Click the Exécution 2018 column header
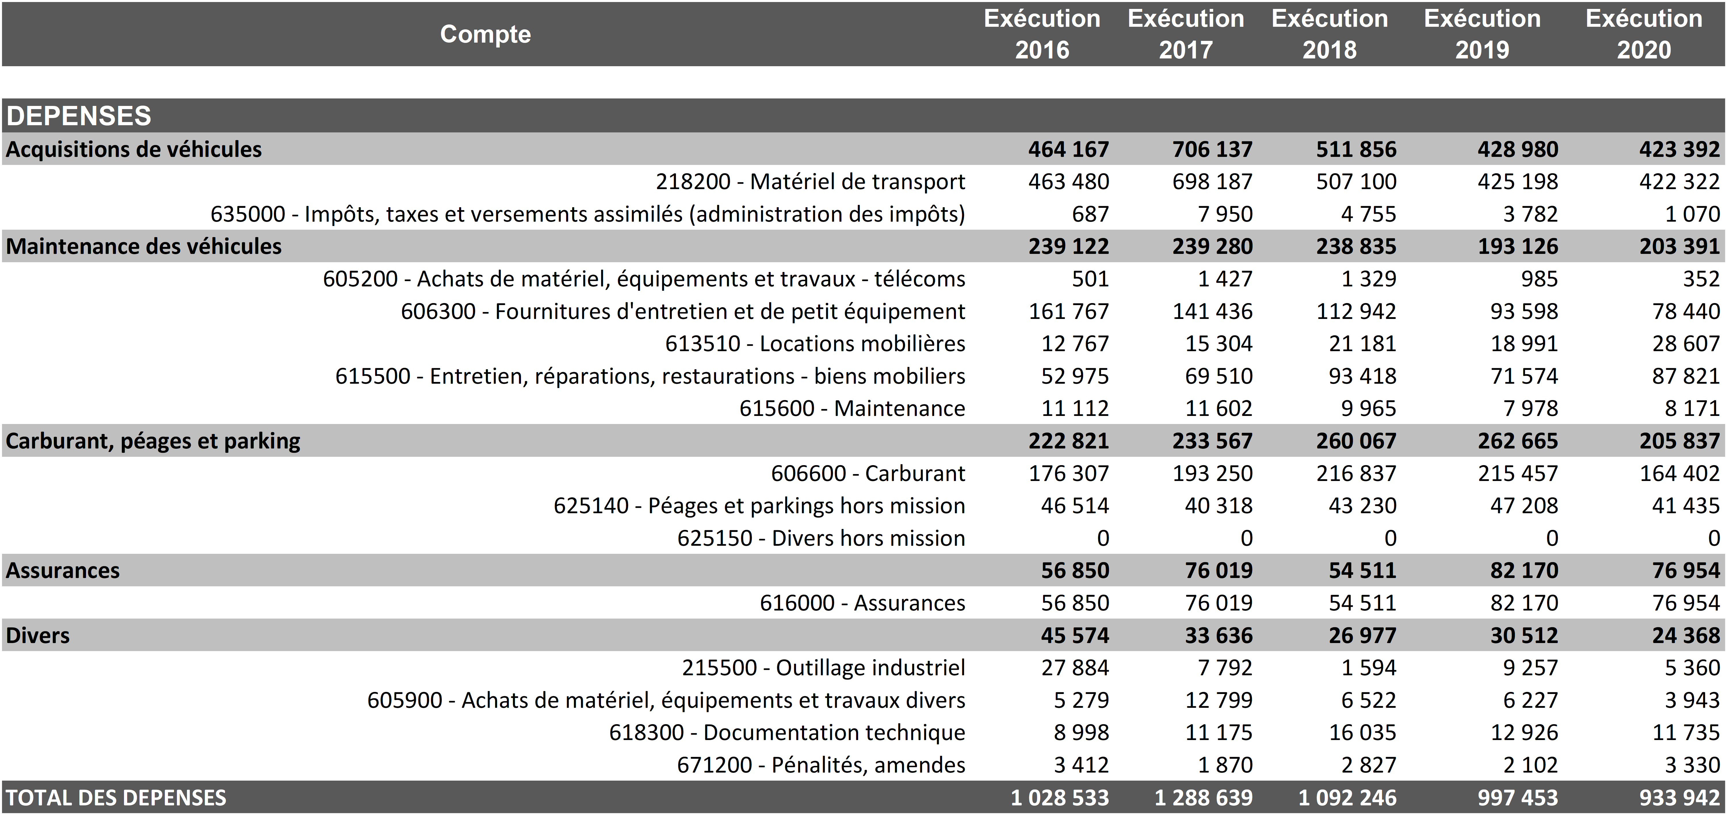1329,33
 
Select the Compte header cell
485,33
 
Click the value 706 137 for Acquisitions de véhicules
1212,149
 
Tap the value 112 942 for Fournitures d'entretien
1356,311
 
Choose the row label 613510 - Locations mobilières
815,343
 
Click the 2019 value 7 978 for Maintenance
1531,408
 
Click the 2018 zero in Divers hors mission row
1390,538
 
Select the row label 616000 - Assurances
862,603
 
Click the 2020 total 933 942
1679,797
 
